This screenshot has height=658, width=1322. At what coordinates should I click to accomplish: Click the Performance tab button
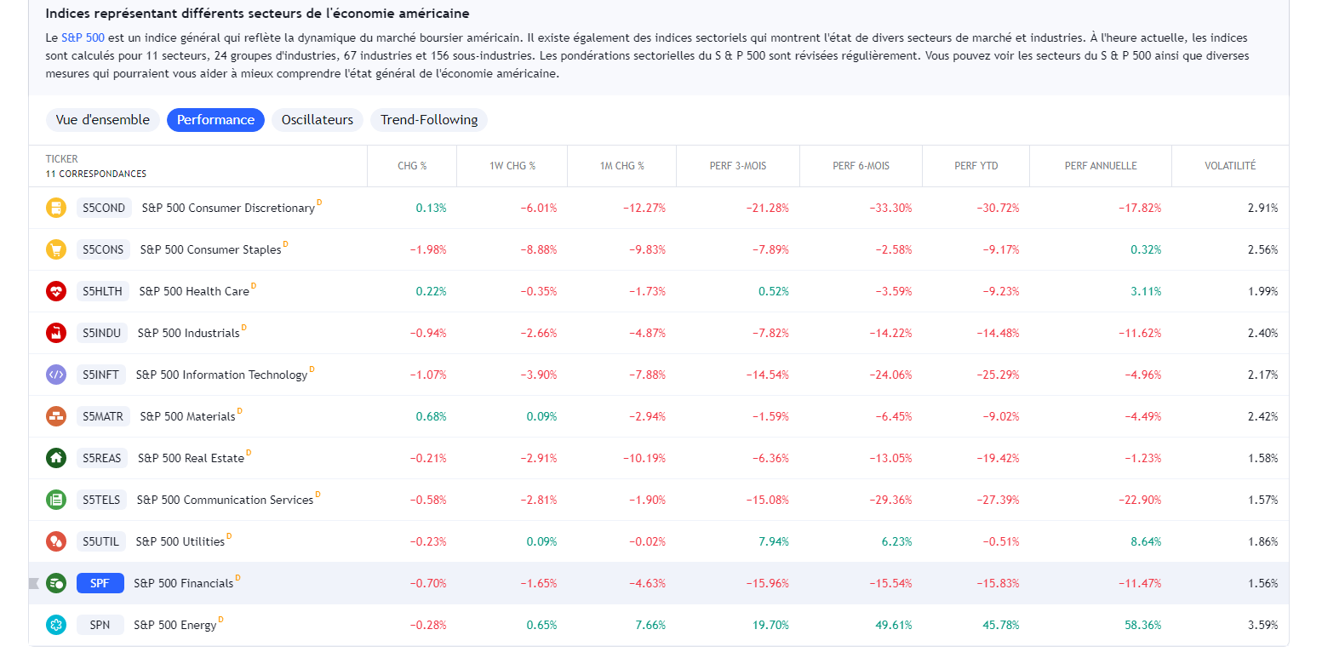215,120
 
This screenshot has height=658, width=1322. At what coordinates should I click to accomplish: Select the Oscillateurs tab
317,120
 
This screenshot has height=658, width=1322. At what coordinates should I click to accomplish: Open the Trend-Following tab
428,120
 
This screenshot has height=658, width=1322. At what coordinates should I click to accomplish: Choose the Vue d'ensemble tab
103,120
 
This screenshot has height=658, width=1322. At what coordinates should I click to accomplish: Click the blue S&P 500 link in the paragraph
83,38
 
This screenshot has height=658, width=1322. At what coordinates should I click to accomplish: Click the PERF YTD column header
976,166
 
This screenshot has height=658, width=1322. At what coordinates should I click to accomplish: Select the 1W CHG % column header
512,166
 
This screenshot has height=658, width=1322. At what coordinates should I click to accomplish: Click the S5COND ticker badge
104,208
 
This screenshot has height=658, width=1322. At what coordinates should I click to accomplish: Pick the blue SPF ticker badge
100,583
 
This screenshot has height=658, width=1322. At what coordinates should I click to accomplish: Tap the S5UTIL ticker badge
101,541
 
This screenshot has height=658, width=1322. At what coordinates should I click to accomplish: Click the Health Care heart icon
56,291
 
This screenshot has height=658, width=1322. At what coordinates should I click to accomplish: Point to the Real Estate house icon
56,458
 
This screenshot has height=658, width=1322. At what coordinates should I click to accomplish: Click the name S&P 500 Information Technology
221,375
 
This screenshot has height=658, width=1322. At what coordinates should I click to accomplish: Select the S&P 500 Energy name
175,625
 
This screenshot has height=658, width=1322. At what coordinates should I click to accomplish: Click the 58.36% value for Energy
1142,625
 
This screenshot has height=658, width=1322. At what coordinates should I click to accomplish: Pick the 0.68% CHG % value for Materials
431,416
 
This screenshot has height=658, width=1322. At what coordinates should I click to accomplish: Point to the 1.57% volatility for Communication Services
1263,500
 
